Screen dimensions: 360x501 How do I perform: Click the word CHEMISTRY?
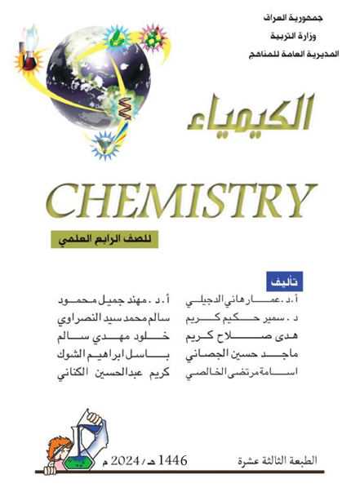click(x=180, y=197)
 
